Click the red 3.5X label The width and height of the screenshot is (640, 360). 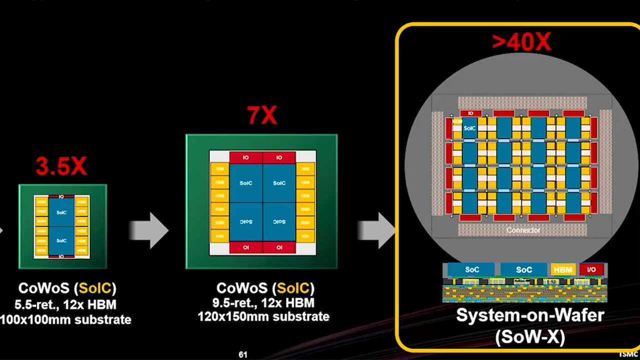click(x=61, y=166)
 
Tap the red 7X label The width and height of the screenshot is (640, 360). click(x=262, y=116)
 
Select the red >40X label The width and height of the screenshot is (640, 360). click(x=521, y=42)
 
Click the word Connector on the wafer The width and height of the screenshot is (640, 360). click(x=523, y=230)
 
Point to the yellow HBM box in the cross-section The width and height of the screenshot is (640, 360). click(x=563, y=269)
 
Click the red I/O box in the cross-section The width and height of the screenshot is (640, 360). click(x=591, y=269)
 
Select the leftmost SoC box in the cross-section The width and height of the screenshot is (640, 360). click(x=472, y=269)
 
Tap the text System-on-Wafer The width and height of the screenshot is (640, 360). click(x=530, y=315)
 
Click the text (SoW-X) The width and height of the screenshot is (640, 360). click(x=530, y=337)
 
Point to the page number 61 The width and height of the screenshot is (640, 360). click(x=243, y=354)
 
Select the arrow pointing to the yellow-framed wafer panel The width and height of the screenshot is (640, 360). click(x=376, y=230)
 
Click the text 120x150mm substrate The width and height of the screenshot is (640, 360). click(x=263, y=316)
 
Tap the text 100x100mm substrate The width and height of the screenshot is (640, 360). click(x=65, y=319)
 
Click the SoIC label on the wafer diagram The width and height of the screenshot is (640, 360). click(x=469, y=128)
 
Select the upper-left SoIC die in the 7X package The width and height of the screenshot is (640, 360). click(x=245, y=183)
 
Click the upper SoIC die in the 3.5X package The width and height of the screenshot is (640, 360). click(x=61, y=212)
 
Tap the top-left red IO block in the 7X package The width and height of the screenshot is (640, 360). click(x=245, y=157)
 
